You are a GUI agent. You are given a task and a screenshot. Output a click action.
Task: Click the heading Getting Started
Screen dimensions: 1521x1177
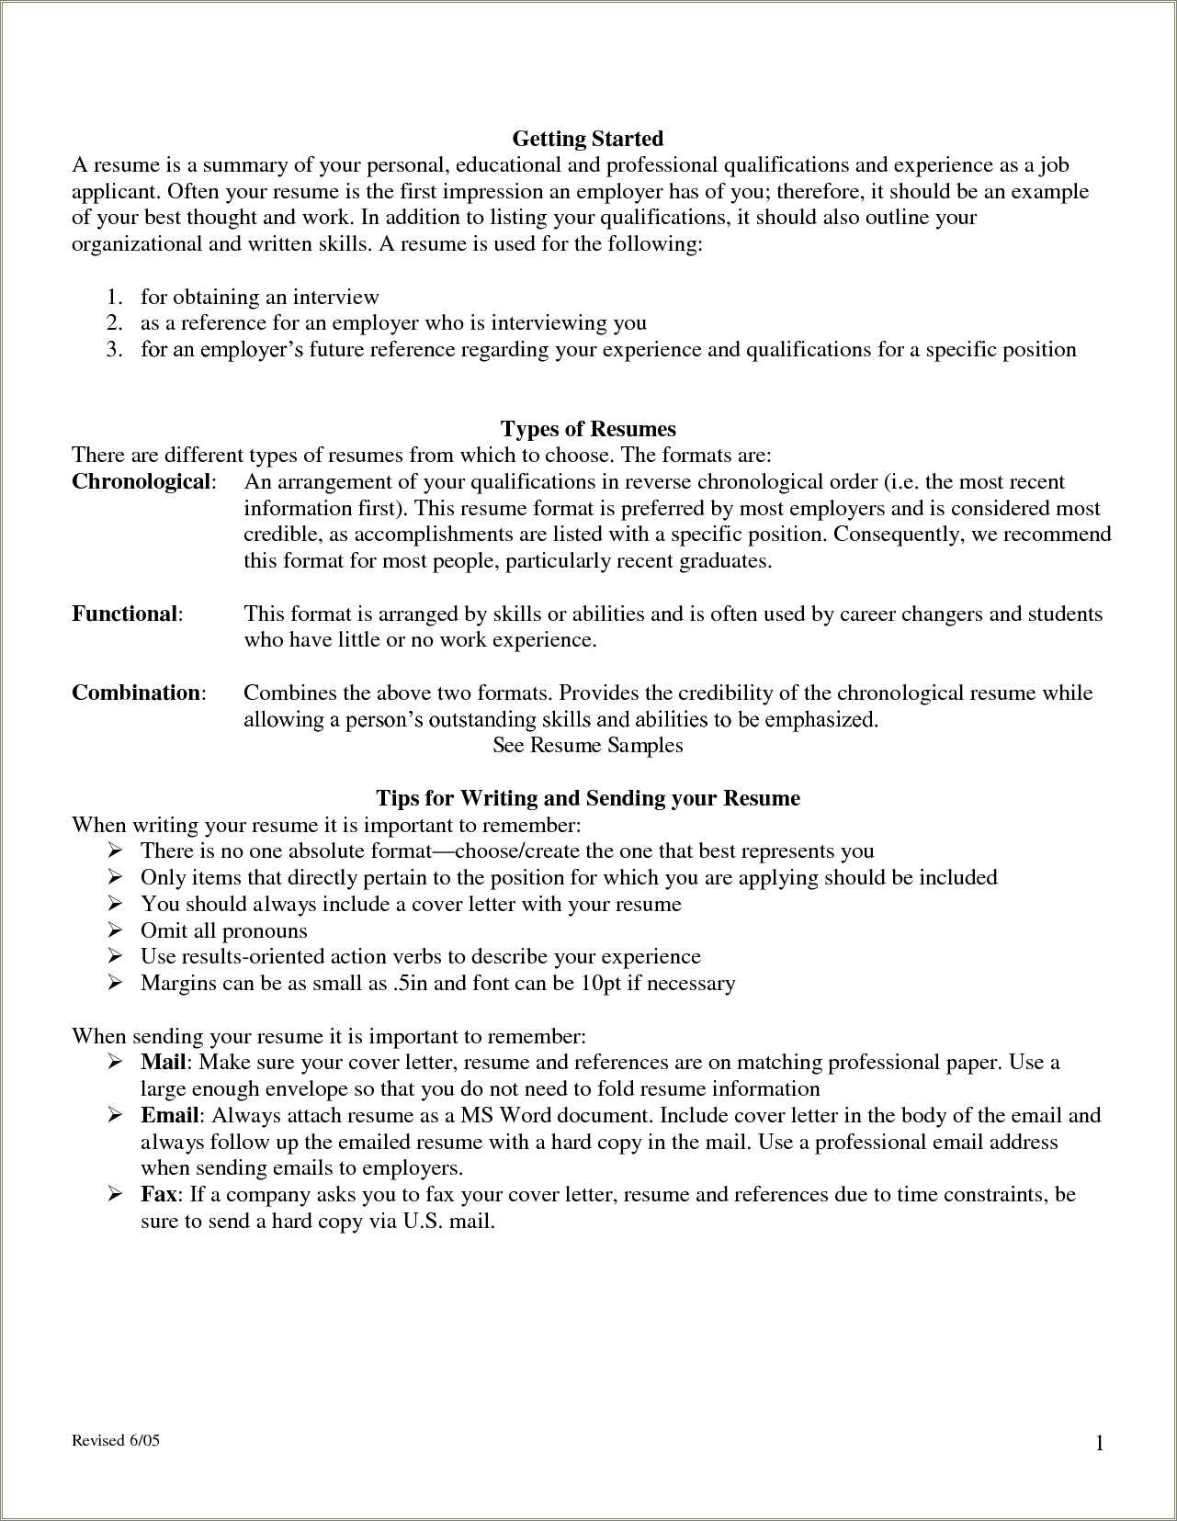tap(587, 139)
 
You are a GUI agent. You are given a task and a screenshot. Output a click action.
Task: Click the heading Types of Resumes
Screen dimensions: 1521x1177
tap(587, 429)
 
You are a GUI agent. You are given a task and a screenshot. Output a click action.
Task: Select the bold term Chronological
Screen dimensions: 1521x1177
tap(141, 482)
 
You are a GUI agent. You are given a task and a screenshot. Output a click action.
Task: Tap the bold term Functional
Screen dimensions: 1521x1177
tap(125, 614)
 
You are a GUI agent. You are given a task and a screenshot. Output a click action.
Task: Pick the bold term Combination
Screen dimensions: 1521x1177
tap(137, 693)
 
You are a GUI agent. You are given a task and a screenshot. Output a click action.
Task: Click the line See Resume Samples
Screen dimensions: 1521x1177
tap(587, 745)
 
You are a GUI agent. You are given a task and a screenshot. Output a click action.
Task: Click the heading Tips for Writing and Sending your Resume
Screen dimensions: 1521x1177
tap(587, 798)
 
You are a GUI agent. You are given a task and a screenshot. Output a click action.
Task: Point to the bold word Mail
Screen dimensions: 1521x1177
tap(164, 1063)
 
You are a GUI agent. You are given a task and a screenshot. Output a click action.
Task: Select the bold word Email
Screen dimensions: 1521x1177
tap(169, 1116)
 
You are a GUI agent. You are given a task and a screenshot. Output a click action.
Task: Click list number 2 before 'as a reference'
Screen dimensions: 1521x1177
tap(113, 323)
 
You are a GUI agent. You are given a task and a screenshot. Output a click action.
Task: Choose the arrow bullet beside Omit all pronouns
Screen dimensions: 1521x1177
tap(116, 930)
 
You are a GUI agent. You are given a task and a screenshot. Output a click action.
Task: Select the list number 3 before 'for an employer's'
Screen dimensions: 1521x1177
tap(113, 350)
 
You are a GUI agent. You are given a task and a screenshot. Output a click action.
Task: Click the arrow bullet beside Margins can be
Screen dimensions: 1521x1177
tap(116, 984)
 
